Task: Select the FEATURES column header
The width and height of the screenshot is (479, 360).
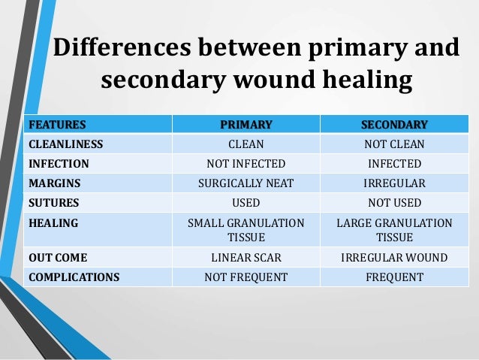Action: pos(57,124)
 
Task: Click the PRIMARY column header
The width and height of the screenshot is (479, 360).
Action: pos(246,124)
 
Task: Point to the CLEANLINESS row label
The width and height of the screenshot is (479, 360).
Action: pos(66,144)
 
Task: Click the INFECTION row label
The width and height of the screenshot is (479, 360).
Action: pos(59,163)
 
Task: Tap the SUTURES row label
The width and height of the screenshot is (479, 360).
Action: pos(53,202)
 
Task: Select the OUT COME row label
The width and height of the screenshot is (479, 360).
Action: pos(56,258)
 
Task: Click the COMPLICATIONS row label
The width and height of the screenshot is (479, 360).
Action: pos(74,277)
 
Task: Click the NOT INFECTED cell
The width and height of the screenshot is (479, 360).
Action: pos(246,163)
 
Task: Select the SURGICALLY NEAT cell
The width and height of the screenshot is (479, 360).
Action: pos(246,183)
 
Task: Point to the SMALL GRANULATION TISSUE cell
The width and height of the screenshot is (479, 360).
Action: pos(246,230)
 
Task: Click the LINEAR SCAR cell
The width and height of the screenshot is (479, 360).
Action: pos(246,258)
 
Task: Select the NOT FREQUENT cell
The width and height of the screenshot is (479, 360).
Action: pos(246,277)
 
